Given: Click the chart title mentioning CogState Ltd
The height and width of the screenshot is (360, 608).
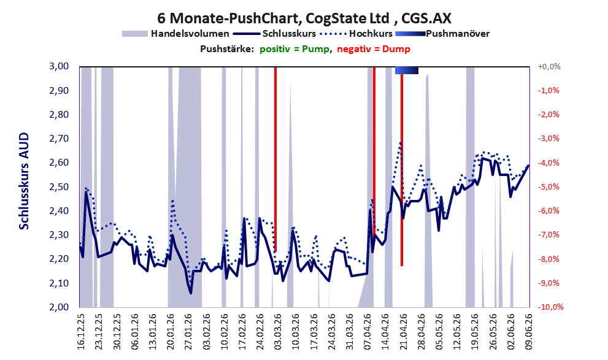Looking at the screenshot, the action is [304, 18].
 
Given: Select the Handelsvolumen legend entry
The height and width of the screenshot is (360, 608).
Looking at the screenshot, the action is [175, 34].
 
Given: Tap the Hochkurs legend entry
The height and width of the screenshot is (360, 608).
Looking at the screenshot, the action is [356, 34].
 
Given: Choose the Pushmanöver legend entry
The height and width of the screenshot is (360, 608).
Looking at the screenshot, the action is [442, 34].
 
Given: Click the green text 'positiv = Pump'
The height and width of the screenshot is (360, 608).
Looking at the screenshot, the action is [294, 49].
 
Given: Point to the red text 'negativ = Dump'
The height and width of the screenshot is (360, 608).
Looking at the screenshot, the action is [374, 49].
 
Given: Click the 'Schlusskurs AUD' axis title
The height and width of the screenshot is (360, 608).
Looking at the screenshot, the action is [24, 181].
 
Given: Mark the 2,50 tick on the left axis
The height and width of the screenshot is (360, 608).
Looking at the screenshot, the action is [58, 187].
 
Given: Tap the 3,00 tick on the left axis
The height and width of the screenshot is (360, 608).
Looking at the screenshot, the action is [58, 66].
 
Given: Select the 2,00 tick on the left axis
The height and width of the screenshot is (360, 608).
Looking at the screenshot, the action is [58, 307].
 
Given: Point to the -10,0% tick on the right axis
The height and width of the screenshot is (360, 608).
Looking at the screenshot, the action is [550, 307].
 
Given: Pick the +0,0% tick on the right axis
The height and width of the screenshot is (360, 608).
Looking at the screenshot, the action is [549, 67].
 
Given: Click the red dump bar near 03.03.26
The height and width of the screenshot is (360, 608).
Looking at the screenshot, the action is [275, 159].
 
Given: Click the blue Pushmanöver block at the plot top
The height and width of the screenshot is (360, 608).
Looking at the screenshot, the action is [407, 70].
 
